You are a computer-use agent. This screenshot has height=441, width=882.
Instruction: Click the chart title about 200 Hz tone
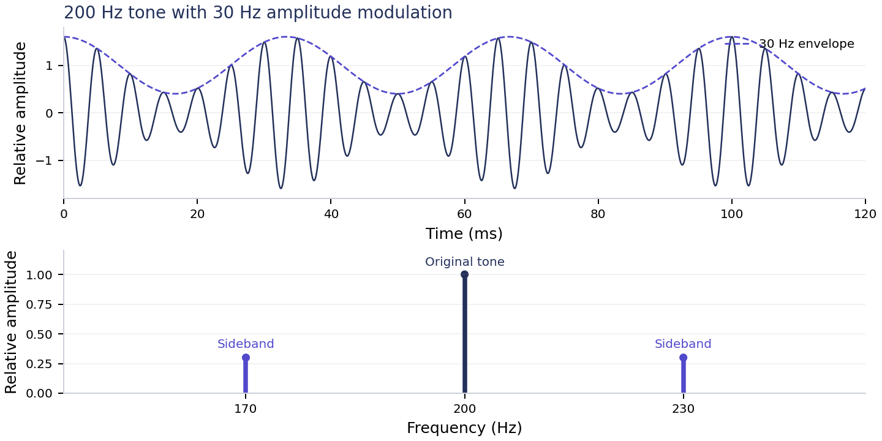pos(258,13)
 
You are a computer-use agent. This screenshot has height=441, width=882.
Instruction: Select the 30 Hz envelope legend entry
pos(790,43)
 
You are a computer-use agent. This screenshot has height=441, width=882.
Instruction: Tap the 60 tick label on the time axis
pos(465,214)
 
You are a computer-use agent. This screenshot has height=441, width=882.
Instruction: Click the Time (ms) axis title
pos(464,233)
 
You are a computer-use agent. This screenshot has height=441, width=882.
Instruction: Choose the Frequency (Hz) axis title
pos(464,428)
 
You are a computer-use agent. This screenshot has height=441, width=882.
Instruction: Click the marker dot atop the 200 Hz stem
pos(465,274)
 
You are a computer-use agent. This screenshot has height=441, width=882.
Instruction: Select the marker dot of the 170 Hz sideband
pos(246,358)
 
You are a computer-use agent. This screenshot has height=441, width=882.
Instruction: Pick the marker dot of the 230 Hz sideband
pos(683,358)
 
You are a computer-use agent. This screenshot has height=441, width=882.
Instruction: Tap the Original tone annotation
pos(465,262)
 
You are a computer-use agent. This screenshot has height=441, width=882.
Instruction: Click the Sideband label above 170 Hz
pos(246,344)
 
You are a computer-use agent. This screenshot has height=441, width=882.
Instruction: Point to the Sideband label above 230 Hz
pos(683,344)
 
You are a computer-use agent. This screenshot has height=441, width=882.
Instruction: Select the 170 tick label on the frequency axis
pos(246,409)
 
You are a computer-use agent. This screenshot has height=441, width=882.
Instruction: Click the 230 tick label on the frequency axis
pos(683,409)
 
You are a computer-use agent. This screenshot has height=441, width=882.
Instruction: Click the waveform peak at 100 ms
pos(731,37)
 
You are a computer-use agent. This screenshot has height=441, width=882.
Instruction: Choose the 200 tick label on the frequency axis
pos(465,409)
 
